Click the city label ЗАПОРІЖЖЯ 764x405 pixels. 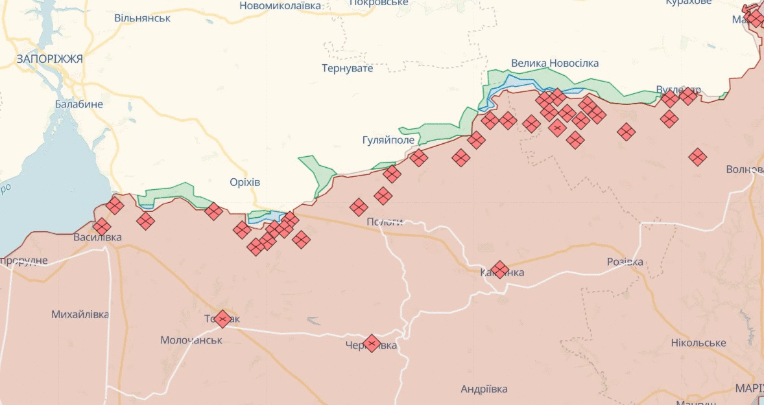coord(50,59)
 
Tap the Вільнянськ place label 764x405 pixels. coord(142,18)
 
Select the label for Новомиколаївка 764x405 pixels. coord(280,5)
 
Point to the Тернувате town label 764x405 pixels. coord(348,68)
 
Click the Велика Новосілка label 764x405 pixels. coord(555,63)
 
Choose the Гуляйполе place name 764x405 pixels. coord(388,139)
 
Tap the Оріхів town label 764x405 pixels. coord(245,182)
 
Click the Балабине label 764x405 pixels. coord(78,104)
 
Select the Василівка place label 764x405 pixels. coord(97,237)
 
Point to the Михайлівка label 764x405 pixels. coord(80,314)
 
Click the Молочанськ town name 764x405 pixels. coord(191,340)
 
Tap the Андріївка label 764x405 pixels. coord(484,389)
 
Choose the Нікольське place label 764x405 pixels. coord(698,342)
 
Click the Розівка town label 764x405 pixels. coord(625,262)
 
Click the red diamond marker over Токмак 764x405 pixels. coord(222,319)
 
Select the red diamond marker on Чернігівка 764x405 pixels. coord(371,343)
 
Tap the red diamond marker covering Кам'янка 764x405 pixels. coord(499,270)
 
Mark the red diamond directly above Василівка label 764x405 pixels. coord(101,227)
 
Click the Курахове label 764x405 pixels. coord(688,3)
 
